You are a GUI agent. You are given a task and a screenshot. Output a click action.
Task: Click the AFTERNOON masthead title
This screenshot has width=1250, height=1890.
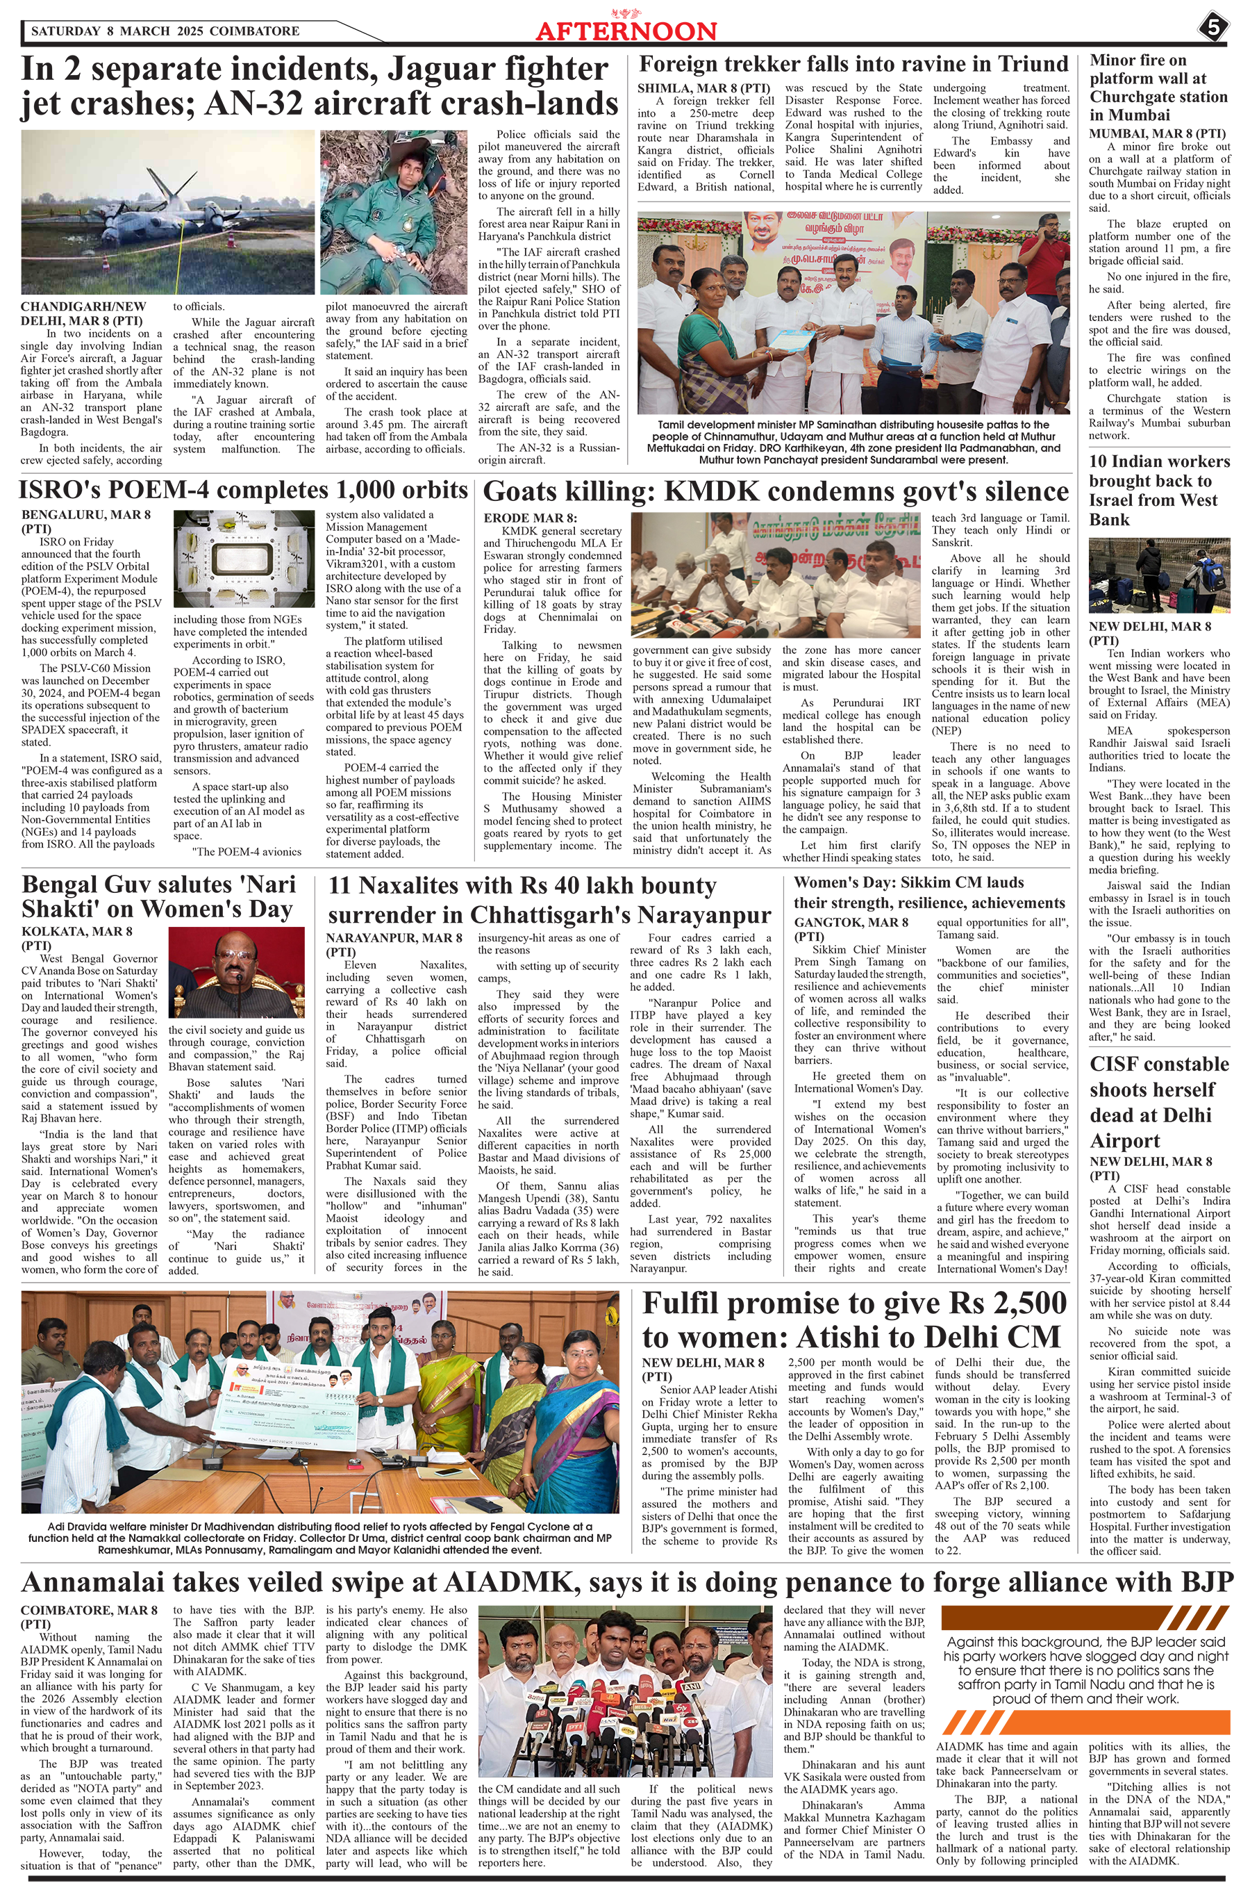(626, 31)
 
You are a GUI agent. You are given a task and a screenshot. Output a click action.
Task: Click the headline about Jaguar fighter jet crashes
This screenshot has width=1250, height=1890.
(319, 86)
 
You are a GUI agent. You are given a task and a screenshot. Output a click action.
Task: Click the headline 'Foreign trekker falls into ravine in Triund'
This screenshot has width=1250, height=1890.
(853, 65)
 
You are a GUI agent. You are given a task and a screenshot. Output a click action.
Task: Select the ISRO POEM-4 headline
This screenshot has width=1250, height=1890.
(244, 489)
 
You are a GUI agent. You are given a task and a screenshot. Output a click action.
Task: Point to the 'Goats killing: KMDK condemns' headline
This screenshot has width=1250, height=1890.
(776, 491)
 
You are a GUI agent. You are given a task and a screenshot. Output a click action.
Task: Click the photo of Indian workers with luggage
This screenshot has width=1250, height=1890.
(1158, 576)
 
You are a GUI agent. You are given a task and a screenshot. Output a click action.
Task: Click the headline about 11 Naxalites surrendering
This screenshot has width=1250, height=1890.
(549, 900)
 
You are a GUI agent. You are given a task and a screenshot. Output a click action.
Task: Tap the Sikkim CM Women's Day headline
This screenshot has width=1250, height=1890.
(928, 892)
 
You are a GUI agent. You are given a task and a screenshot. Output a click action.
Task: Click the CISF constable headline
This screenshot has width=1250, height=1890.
(1158, 1101)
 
